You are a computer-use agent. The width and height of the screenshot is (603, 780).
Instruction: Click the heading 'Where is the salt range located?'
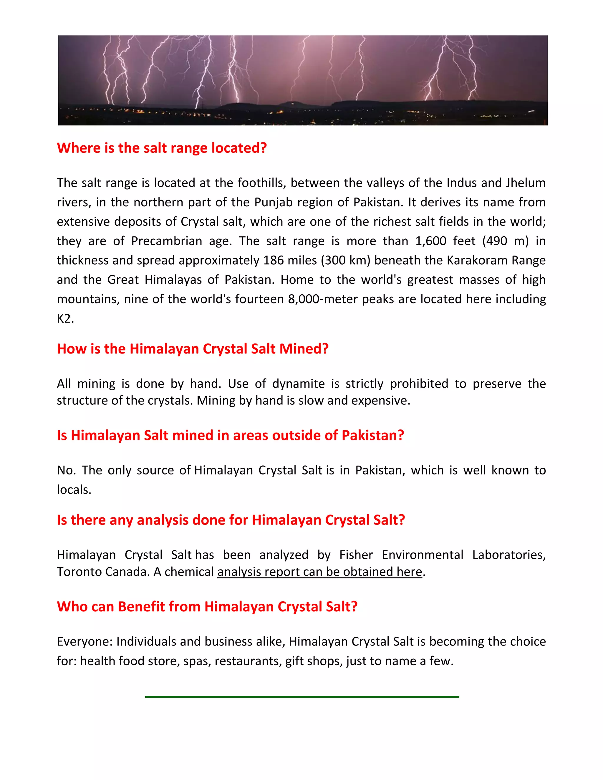[162, 148]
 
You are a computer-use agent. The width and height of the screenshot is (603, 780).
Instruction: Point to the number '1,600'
[430, 241]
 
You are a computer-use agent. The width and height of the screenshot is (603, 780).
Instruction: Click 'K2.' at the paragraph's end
[65, 318]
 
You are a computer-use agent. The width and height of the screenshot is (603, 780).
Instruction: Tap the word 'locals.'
[74, 490]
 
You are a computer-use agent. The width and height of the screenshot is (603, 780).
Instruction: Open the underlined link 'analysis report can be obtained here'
[320, 572]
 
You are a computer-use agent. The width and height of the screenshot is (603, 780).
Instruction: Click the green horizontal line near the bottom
[302, 697]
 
